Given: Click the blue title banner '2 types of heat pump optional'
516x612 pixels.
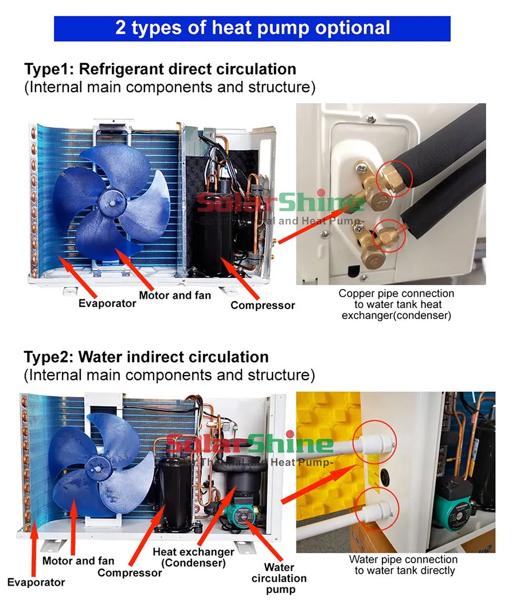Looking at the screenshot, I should (x=252, y=28).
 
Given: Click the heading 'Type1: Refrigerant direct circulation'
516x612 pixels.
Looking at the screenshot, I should (x=160, y=69).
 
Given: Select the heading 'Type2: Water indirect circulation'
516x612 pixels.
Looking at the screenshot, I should (x=146, y=357).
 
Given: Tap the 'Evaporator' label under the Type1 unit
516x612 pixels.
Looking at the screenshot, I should (x=107, y=303).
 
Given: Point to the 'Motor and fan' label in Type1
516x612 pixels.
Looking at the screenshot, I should (x=175, y=295).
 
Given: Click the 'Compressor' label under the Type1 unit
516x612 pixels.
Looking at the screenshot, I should (x=263, y=305).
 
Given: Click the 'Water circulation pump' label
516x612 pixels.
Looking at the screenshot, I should (x=279, y=578).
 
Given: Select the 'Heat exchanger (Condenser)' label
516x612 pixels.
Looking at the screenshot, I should (x=193, y=557).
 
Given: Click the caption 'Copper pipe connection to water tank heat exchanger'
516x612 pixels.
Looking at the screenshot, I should (x=396, y=305).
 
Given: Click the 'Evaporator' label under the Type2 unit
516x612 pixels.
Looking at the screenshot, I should (x=36, y=582).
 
